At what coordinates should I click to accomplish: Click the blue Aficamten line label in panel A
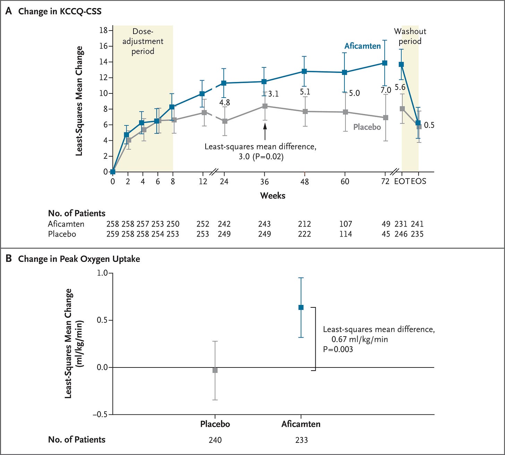pos(362,46)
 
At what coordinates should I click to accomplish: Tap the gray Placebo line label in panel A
pos(367,127)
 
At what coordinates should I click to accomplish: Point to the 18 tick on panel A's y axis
pos(103,31)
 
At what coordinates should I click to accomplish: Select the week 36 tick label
pos(265,182)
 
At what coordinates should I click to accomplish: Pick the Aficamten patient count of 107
pos(346,224)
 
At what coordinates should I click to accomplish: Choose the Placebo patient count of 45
pos(386,234)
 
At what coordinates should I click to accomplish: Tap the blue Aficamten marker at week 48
pos(305,72)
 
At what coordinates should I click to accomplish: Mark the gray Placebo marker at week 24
pos(225,121)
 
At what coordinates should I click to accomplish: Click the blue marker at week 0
pos(113,172)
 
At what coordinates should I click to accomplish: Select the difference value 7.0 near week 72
pos(386,90)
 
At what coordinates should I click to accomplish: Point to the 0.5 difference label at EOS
pos(429,125)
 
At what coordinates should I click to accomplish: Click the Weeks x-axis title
pos(273,196)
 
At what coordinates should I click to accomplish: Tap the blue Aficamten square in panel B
pos(301,307)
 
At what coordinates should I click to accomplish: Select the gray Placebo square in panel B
pos(215,371)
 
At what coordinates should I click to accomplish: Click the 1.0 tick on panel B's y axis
pos(102,273)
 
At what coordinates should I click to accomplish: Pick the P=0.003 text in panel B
pos(338,349)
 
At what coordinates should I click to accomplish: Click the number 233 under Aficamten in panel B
pos(302,440)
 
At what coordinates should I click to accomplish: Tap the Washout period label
pos(410,36)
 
